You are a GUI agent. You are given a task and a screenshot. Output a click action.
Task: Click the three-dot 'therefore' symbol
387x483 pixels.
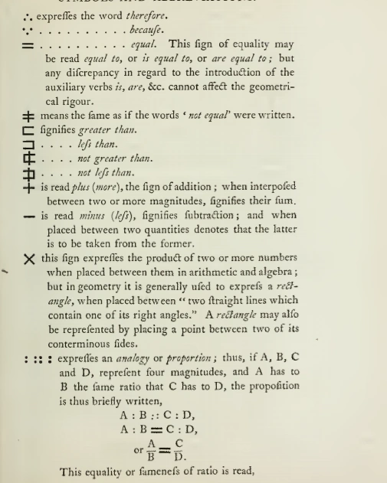30,15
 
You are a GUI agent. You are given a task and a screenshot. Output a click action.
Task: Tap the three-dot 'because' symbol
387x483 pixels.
29,31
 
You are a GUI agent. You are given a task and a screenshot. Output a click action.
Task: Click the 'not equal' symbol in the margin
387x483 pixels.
30,116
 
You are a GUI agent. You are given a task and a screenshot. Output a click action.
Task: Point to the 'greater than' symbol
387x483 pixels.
29,132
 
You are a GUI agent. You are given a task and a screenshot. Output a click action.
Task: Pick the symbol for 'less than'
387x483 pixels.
29,145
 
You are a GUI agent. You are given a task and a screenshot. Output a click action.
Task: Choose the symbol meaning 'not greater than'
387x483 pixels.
29,159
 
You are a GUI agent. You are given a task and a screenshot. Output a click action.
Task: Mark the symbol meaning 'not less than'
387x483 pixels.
29,173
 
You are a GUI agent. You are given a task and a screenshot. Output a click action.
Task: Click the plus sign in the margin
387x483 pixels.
29,187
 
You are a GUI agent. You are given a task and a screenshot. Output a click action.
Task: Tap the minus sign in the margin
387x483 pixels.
30,217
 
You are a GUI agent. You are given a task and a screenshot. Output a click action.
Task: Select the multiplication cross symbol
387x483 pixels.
29,259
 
